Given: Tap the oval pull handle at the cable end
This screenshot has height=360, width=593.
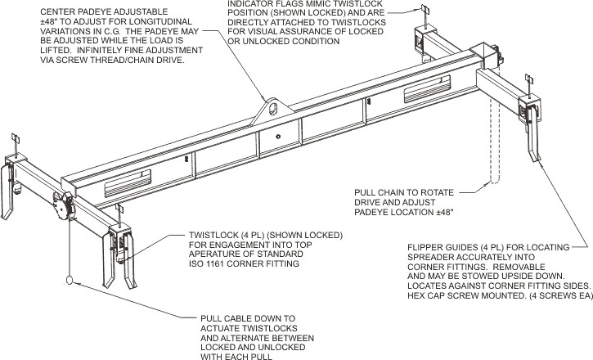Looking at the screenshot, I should coord(70,281).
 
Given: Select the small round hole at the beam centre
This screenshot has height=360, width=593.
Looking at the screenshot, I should coord(279,137).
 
